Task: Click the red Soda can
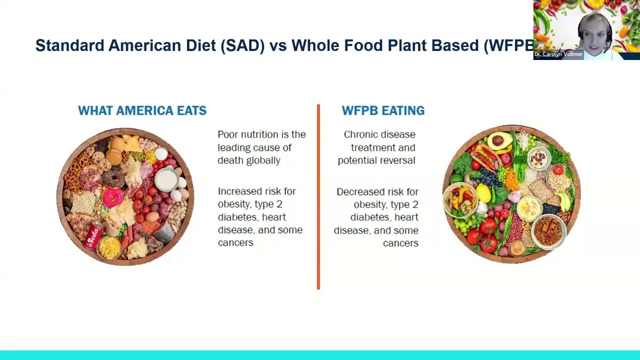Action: click(94, 237)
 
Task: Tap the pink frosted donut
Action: click(112, 196)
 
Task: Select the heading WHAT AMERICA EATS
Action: click(142, 110)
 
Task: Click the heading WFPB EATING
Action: click(383, 110)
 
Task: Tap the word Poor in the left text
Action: click(228, 134)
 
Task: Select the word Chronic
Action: click(359, 134)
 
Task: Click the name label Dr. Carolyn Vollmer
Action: click(558, 54)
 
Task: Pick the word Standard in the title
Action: click(69, 45)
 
